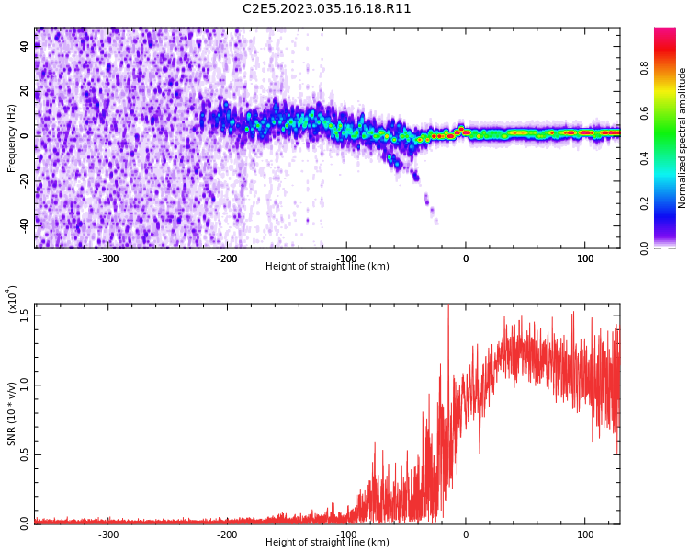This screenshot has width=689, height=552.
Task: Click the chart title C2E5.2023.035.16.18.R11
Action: tap(327, 9)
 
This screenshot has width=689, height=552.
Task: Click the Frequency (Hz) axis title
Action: tap(12, 138)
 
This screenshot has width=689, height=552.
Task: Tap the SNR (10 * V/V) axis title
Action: tap(12, 414)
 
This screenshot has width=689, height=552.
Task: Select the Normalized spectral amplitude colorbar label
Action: tap(683, 138)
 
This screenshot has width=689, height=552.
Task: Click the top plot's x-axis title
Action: tap(327, 267)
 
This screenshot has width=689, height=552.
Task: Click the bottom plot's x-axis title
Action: tap(327, 543)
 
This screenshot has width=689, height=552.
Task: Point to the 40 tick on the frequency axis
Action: tap(25, 47)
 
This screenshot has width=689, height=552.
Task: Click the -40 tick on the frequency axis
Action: tap(25, 223)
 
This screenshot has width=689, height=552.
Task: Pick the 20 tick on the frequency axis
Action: tap(25, 91)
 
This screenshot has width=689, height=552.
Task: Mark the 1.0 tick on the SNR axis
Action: tap(25, 385)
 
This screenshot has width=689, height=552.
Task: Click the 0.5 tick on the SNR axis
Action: tap(25, 454)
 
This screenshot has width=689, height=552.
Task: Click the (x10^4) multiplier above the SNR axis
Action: tap(12, 300)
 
